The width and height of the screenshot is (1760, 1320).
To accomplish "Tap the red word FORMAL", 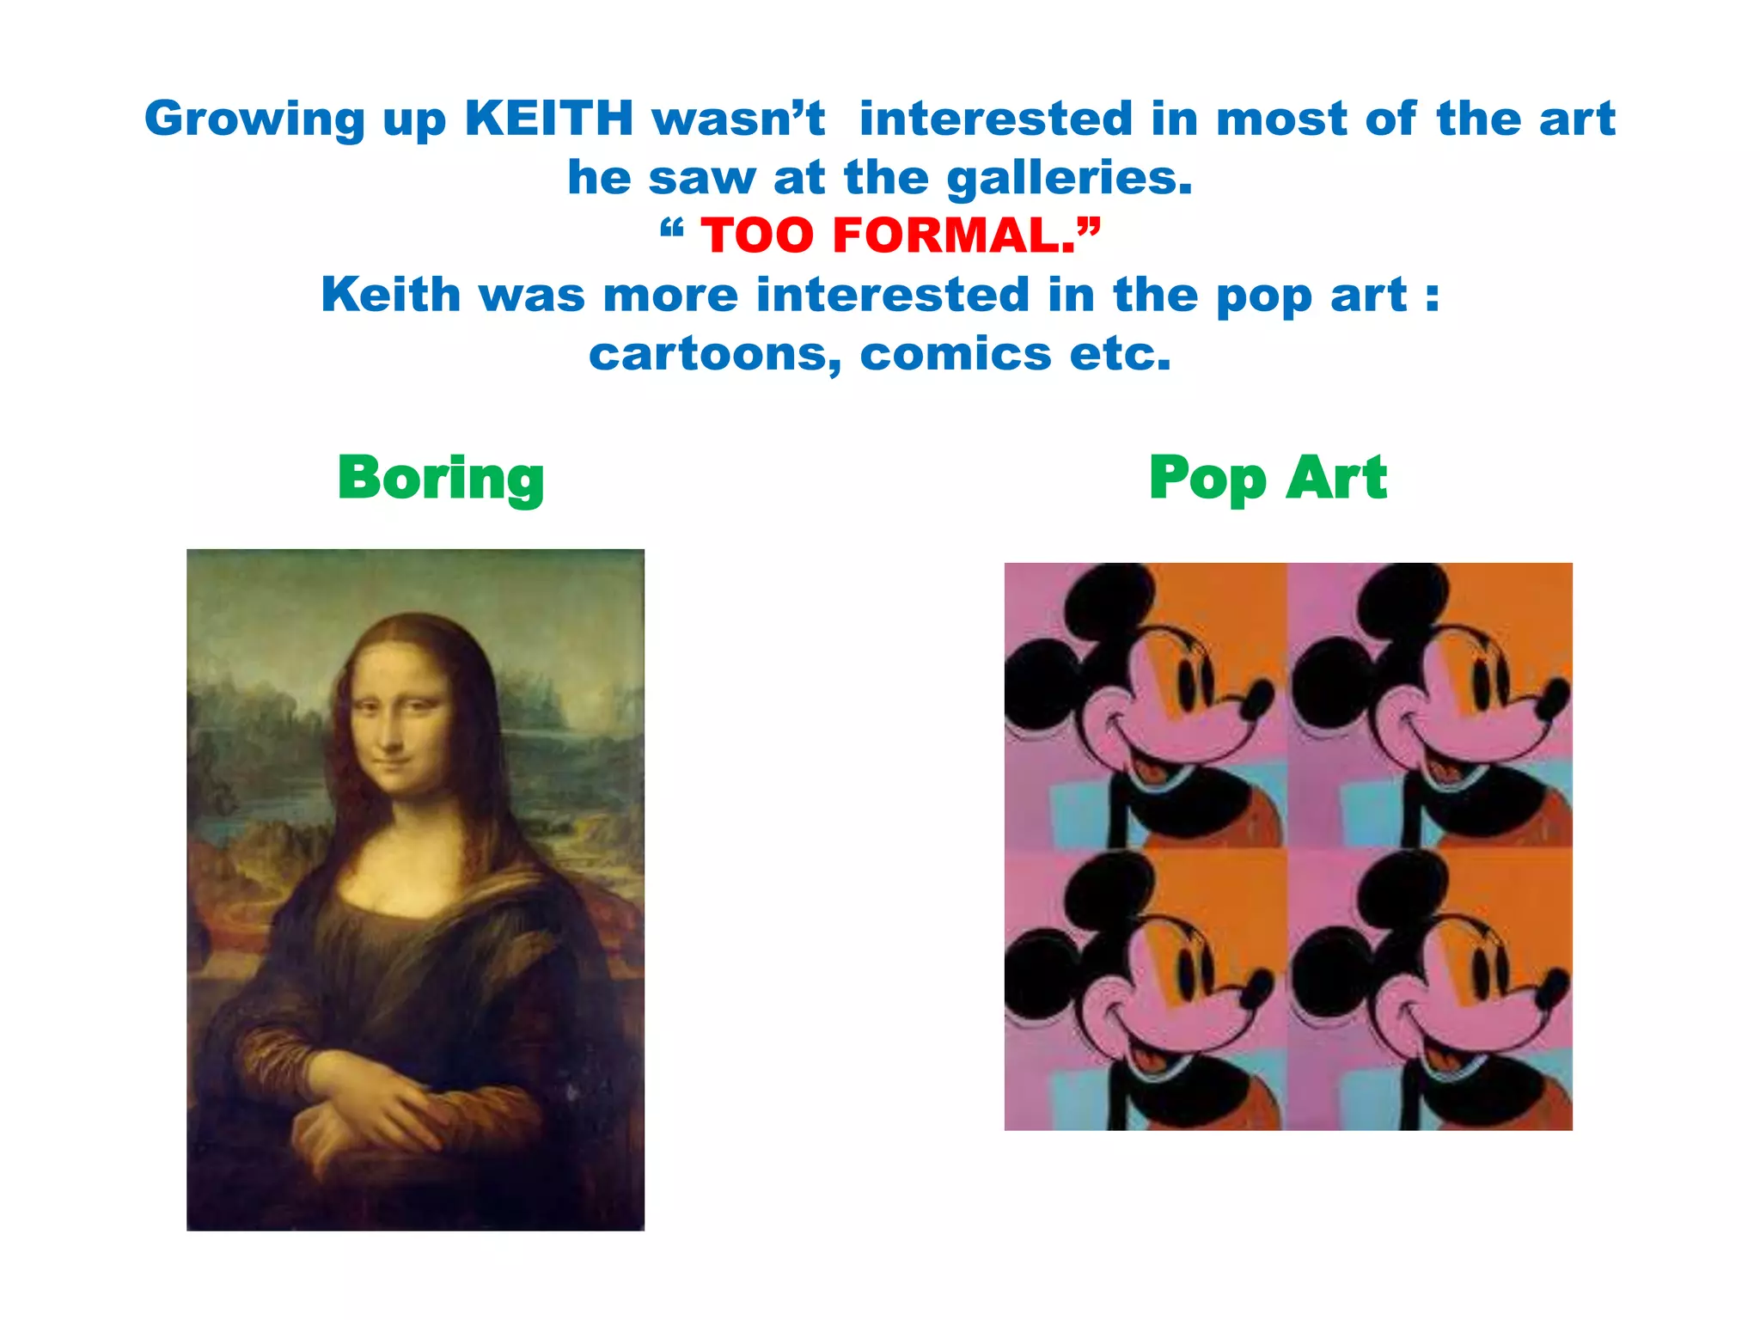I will point(953,235).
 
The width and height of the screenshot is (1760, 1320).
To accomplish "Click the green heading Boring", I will point(441,479).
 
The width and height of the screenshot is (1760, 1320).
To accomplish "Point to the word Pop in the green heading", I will point(1207,479).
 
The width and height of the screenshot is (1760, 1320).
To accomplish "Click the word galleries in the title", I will point(1069,178).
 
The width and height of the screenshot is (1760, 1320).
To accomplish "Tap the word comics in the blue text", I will point(956,354).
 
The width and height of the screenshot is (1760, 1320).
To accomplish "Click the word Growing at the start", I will point(254,120).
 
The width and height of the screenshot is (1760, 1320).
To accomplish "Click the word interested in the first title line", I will point(995,119).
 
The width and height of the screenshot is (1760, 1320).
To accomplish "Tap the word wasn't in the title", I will point(739,119).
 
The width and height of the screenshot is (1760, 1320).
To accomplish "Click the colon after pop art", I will point(1431,296).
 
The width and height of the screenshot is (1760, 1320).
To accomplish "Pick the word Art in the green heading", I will point(1336,479).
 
